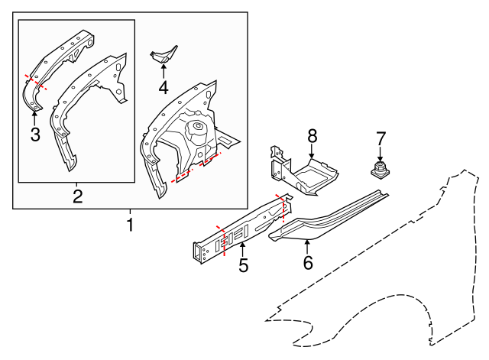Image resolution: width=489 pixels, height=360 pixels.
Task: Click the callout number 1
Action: point(130,225)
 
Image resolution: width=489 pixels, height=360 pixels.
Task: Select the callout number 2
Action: point(77,196)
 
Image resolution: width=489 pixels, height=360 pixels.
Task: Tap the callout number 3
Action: point(34,135)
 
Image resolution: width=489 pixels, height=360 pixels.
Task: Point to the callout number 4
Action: point(163,87)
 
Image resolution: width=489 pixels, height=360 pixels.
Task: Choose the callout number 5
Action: point(243,266)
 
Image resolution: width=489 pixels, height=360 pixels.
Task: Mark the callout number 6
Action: point(308,263)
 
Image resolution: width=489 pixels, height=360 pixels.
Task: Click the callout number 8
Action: point(312,136)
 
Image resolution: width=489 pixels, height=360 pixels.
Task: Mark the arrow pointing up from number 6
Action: point(307,246)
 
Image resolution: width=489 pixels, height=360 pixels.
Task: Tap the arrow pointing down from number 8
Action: point(312,151)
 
